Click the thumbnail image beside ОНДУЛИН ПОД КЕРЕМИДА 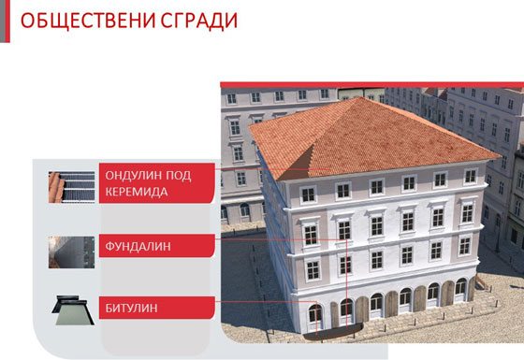(x=72, y=186)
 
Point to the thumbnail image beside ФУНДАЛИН (x=72, y=251)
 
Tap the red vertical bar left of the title (x=5, y=20)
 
